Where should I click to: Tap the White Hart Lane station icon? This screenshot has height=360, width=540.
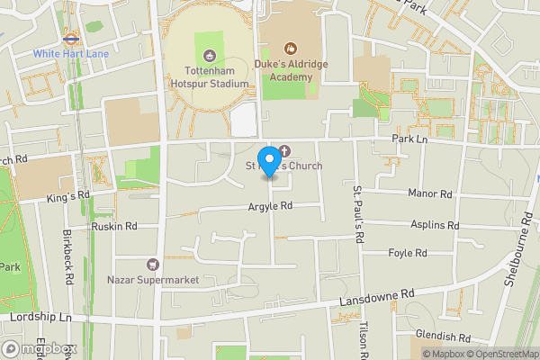68,40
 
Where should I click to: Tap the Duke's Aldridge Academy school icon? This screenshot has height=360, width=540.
290,48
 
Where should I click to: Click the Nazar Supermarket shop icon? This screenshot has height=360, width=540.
152,265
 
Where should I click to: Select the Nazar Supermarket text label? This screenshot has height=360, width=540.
152,280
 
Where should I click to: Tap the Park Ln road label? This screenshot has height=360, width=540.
408,139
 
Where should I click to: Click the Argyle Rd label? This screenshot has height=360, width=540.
271,206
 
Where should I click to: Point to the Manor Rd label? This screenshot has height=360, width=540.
428,194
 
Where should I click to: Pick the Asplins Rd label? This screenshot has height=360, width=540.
435,225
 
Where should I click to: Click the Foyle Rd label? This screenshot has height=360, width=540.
407,253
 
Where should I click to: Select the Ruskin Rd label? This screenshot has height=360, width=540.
113,227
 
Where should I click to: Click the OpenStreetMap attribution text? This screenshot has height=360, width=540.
503,354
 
